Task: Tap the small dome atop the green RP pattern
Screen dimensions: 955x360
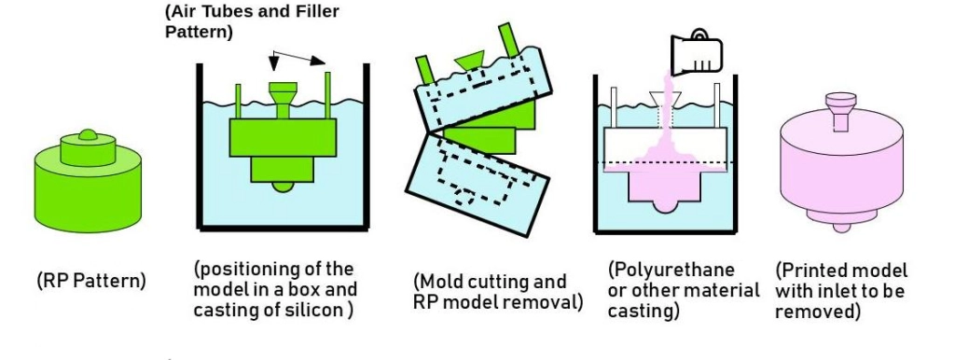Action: [88, 134]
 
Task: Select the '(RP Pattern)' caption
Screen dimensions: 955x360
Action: [91, 281]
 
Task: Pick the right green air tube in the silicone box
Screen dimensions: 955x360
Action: [327, 96]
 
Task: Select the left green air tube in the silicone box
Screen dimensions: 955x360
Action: [238, 102]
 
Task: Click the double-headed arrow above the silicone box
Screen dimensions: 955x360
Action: [298, 57]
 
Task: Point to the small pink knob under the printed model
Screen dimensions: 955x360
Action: [842, 228]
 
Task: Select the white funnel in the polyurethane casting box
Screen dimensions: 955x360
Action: [665, 101]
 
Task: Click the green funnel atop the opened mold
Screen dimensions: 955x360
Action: [470, 60]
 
